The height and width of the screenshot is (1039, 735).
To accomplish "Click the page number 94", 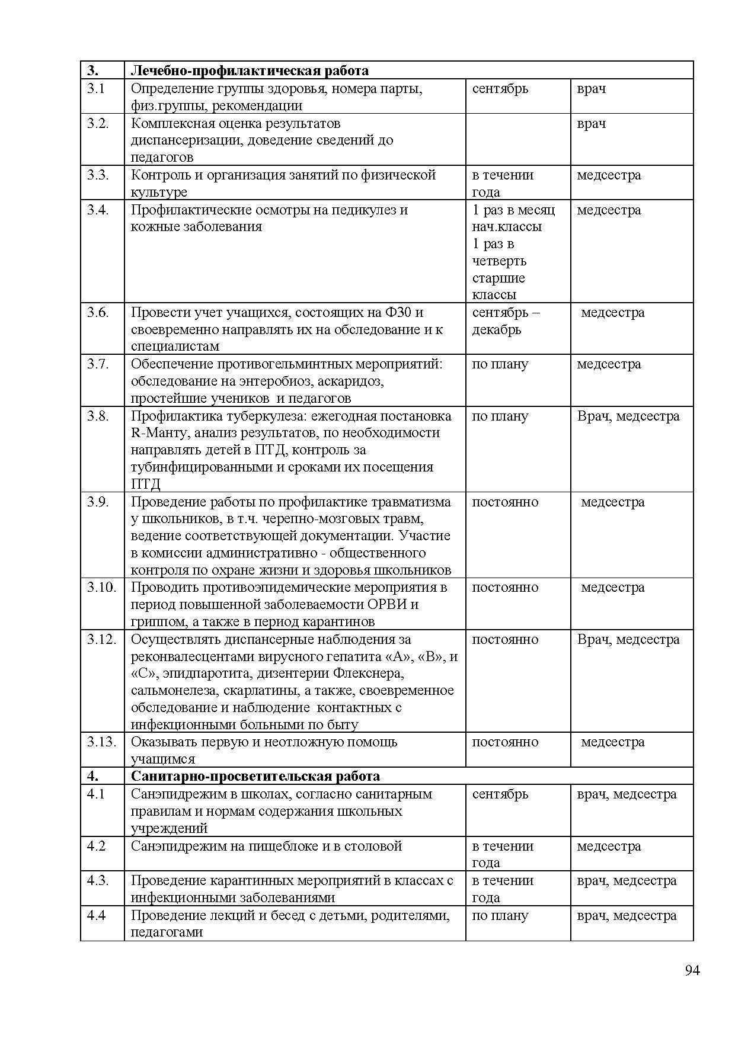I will tap(692, 970).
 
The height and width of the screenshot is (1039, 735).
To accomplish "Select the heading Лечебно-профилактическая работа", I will tap(250, 71).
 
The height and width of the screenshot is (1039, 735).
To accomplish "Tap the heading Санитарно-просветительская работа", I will tap(255, 776).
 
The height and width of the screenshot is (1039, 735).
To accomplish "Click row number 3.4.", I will tap(98, 210).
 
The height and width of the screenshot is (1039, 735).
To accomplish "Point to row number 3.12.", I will tap(101, 639).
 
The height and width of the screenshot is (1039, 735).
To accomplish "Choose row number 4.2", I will tap(96, 846).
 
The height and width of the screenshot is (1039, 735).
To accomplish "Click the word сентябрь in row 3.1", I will tap(500, 89).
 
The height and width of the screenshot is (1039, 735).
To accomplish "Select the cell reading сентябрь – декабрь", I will tap(505, 321).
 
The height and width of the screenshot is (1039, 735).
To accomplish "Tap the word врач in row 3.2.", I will tap(591, 124).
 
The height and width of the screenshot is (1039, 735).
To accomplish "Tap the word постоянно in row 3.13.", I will tap(505, 742).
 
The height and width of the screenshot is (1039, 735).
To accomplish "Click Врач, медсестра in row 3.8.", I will tap(628, 416).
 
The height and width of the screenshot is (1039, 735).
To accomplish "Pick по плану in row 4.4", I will tap(500, 915).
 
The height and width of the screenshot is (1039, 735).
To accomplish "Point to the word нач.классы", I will tap(507, 226).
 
